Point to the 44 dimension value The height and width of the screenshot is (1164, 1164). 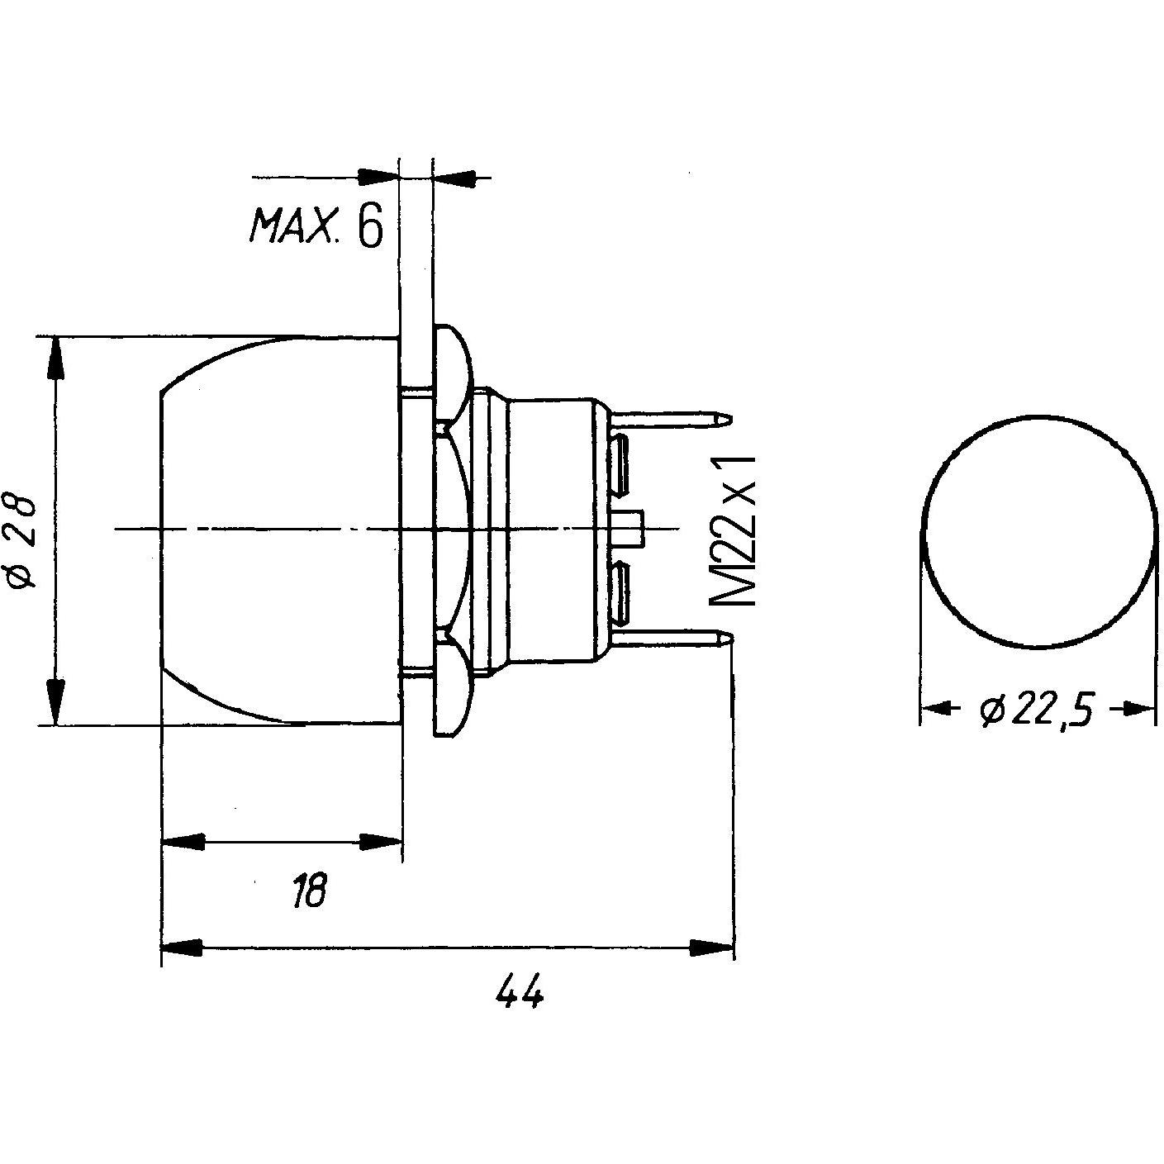pos(520,991)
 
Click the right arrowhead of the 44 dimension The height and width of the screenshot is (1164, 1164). pos(711,947)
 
